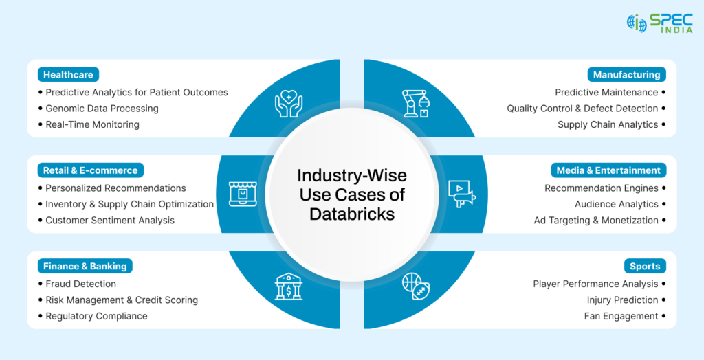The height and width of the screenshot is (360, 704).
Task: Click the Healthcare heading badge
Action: click(68, 74)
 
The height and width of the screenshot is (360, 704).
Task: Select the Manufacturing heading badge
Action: click(626, 74)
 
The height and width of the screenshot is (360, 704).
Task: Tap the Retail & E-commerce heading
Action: click(90, 170)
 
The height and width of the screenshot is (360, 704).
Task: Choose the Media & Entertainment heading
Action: click(606, 170)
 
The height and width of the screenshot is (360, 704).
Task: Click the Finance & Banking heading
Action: click(85, 266)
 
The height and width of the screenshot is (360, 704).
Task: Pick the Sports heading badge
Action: click(645, 266)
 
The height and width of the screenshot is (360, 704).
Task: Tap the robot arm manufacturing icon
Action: click(415, 102)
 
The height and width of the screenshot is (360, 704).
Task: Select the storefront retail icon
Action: click(241, 194)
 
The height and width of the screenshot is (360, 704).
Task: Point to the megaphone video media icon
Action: click(462, 194)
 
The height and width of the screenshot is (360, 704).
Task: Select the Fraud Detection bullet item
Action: click(80, 284)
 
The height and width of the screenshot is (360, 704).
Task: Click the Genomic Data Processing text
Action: click(102, 109)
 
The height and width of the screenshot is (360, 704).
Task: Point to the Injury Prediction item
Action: click(622, 300)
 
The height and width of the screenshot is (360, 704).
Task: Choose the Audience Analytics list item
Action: click(616, 204)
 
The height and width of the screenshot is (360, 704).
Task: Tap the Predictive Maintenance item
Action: click(606, 92)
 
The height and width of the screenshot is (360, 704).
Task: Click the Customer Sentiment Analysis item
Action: click(110, 221)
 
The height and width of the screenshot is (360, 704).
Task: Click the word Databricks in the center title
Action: click(352, 214)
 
